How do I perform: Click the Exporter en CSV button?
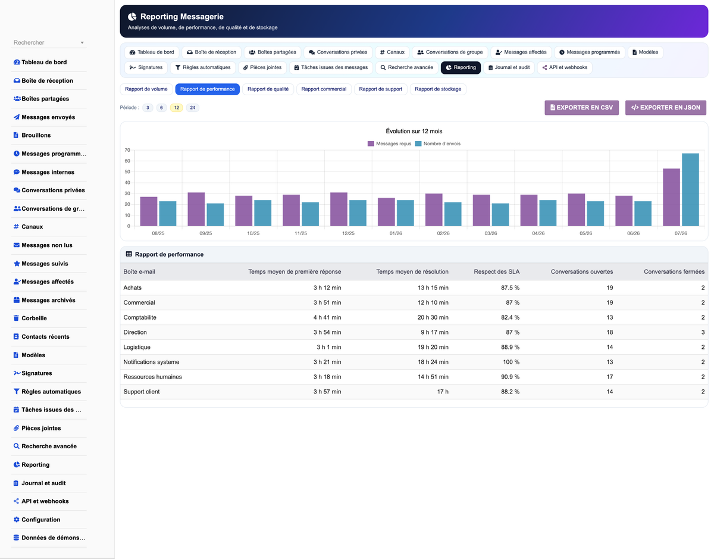click(x=581, y=108)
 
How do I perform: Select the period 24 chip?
click(x=193, y=108)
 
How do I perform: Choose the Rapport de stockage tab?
click(x=438, y=89)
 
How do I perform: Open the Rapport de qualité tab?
click(x=268, y=89)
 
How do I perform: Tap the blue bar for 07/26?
click(x=690, y=190)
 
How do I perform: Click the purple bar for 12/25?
click(x=339, y=209)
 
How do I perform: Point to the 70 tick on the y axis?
click(x=127, y=150)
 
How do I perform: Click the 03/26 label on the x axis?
click(x=490, y=233)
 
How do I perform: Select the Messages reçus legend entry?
click(x=389, y=143)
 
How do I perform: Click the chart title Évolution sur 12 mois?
click(x=414, y=131)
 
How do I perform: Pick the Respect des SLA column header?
click(x=496, y=272)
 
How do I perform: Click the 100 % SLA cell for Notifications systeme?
click(x=511, y=362)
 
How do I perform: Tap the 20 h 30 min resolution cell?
click(x=433, y=317)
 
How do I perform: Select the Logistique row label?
click(x=137, y=347)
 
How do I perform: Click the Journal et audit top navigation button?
click(x=509, y=67)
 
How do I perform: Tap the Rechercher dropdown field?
click(x=49, y=42)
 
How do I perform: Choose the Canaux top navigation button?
click(x=392, y=52)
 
